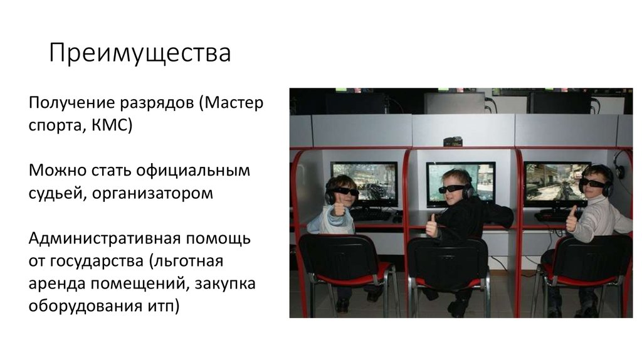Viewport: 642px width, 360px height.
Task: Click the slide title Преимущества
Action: pos(140,54)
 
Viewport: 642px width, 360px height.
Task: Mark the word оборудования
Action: pos(84,307)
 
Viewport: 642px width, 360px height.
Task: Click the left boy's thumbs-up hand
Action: pos(339,206)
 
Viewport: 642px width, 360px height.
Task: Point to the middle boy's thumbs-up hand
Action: pos(431,225)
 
